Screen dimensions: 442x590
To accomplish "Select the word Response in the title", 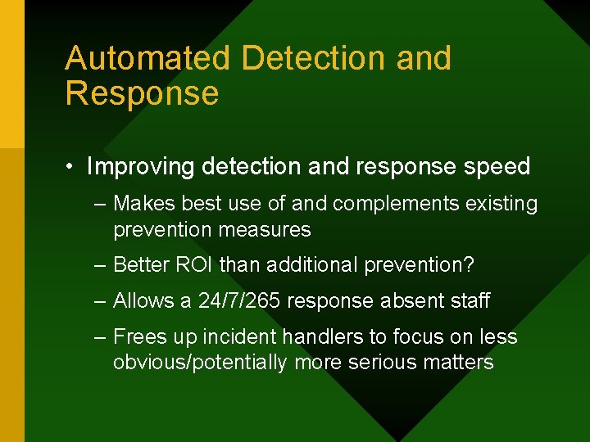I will (142, 94).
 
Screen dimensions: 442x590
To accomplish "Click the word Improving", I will (141, 167).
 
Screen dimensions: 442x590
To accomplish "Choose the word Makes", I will (142, 204).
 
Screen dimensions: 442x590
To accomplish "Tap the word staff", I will (470, 301).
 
